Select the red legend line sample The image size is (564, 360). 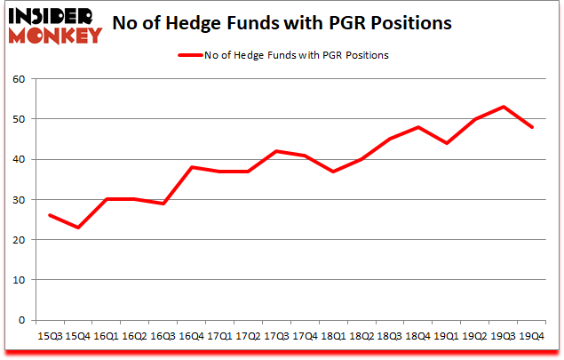tap(196, 55)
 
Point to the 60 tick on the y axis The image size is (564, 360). tap(20, 78)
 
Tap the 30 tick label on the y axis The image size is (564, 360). tap(20, 199)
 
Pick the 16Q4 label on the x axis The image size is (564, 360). tap(193, 336)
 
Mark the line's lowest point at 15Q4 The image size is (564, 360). tap(77, 228)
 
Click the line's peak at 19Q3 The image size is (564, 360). tap(504, 107)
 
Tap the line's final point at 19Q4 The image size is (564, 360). tap(532, 127)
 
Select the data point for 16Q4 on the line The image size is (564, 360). tap(193, 167)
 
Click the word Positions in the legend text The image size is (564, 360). tap(366, 55)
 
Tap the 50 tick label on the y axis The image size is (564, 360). tap(20, 118)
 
